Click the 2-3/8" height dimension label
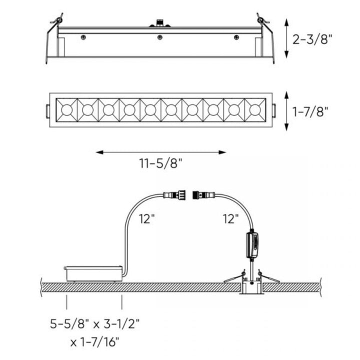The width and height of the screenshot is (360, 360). pos(313,40)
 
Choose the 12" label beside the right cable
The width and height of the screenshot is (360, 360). pos(231,219)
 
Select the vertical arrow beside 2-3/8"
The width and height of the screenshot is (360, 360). pos(285,40)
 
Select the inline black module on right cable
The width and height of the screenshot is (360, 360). pos(253,244)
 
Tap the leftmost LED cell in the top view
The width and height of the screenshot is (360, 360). pos(65,109)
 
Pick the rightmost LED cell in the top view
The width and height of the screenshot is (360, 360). pos(254,109)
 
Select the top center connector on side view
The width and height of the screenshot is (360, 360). pos(160,23)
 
